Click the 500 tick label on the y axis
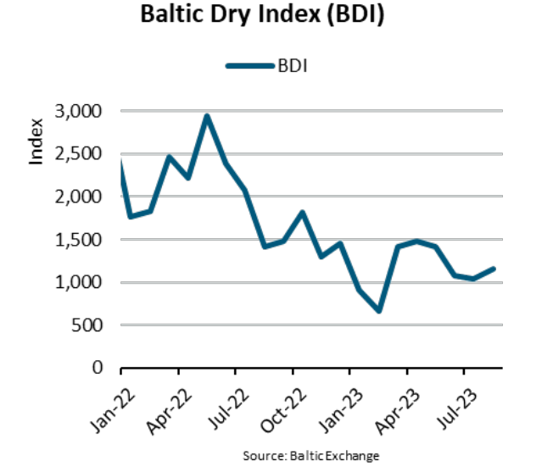[x=90, y=325]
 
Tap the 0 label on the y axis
[x=98, y=368]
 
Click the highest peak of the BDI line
[x=207, y=116]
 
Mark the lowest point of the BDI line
[x=379, y=311]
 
